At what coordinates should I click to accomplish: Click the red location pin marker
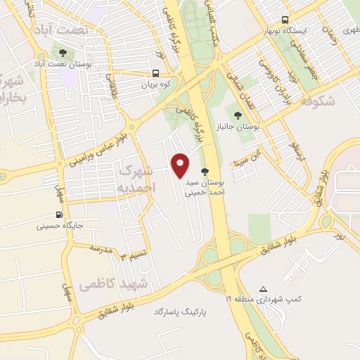point(181,165)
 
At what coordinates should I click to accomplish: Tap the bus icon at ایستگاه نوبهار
point(285,20)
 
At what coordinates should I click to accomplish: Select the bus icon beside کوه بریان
point(155,72)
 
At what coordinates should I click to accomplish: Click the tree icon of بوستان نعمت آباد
point(63,53)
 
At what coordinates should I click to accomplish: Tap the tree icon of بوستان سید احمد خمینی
point(205,171)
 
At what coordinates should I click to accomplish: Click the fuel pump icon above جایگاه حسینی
point(59,215)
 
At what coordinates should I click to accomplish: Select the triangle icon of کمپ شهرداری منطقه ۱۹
point(264,289)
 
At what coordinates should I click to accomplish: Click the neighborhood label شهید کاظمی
point(113,284)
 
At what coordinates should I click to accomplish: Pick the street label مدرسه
point(101,249)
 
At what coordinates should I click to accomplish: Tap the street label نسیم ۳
point(133,254)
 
